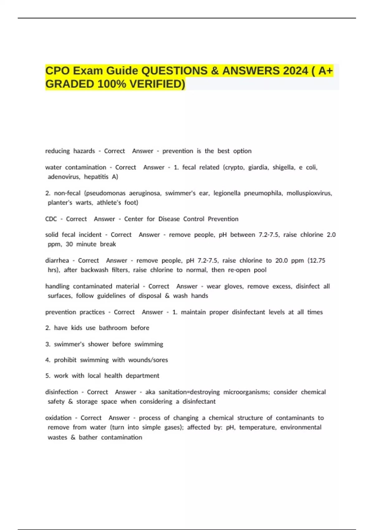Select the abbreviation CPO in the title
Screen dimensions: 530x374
click(57, 71)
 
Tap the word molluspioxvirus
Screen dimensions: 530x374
click(309, 193)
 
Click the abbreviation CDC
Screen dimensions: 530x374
click(51, 219)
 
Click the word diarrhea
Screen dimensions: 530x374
click(57, 261)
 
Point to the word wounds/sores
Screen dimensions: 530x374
click(148, 360)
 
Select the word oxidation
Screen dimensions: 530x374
click(58, 418)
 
